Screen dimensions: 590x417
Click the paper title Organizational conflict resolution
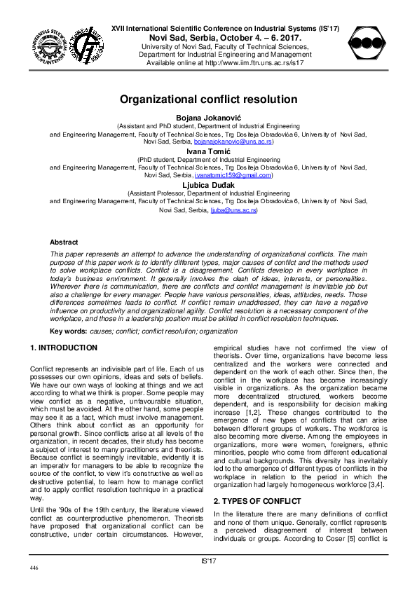[x=208, y=100]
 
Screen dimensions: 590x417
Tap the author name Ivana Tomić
[x=208, y=151]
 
